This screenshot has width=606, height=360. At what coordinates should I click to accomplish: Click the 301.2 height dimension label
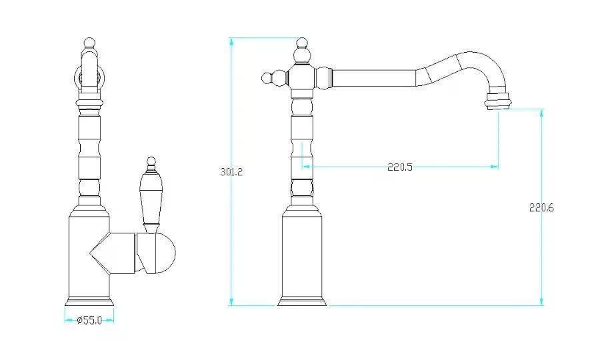tap(231, 172)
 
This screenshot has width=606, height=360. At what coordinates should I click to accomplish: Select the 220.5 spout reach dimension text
tap(399, 167)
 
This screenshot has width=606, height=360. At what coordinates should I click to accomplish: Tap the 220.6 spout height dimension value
tap(541, 207)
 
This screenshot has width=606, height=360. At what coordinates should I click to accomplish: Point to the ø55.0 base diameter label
tap(89, 320)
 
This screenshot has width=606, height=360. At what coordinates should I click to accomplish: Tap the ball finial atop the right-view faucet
tap(302, 43)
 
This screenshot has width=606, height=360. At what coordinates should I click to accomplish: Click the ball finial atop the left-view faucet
tap(89, 42)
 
